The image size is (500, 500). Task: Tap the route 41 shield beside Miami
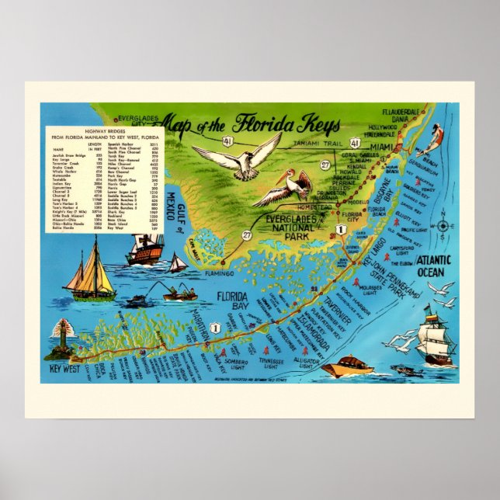click(354, 144)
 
